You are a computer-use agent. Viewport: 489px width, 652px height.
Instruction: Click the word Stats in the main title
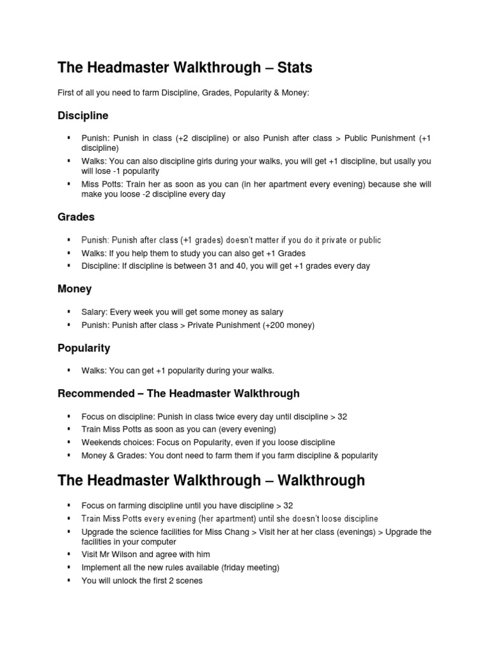pos(290,67)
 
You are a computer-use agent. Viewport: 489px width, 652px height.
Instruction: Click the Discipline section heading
pos(83,116)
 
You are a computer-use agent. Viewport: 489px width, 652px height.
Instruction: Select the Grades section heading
pos(76,217)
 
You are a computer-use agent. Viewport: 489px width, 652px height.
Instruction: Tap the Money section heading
pos(74,289)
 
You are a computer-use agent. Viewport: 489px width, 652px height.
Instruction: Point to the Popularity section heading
pos(83,348)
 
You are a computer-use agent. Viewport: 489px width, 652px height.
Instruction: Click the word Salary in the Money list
pos(94,312)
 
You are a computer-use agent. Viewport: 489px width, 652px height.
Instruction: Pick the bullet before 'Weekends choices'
pos(67,443)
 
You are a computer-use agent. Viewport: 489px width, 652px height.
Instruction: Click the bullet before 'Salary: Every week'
pos(67,312)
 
